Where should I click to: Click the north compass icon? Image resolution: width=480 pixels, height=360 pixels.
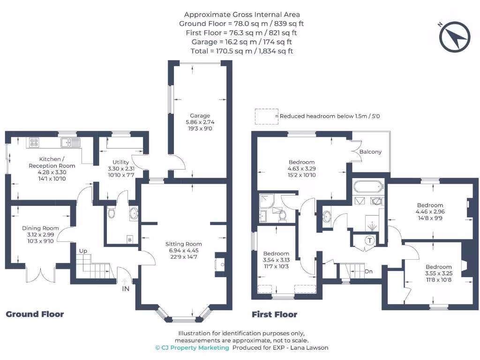(x=454, y=36)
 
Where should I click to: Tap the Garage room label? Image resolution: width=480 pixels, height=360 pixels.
(x=200, y=116)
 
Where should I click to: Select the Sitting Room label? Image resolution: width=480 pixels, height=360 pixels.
(x=183, y=244)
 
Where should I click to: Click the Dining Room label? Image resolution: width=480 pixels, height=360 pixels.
(x=38, y=228)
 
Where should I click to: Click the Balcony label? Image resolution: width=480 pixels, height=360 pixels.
(x=370, y=152)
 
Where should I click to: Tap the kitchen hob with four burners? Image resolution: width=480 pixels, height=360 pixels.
(x=34, y=142)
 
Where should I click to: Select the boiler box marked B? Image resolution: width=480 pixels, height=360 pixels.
(x=130, y=239)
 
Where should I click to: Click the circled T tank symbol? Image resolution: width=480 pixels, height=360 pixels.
(x=369, y=240)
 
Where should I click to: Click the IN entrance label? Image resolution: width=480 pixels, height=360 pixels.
(x=126, y=288)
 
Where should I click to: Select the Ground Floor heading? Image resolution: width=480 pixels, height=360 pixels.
(x=35, y=314)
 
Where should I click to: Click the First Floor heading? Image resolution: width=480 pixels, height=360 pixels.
(x=274, y=314)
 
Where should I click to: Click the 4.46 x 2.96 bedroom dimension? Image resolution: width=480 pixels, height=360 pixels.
(x=430, y=211)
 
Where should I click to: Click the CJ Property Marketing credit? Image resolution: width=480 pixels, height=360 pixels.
(x=192, y=347)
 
